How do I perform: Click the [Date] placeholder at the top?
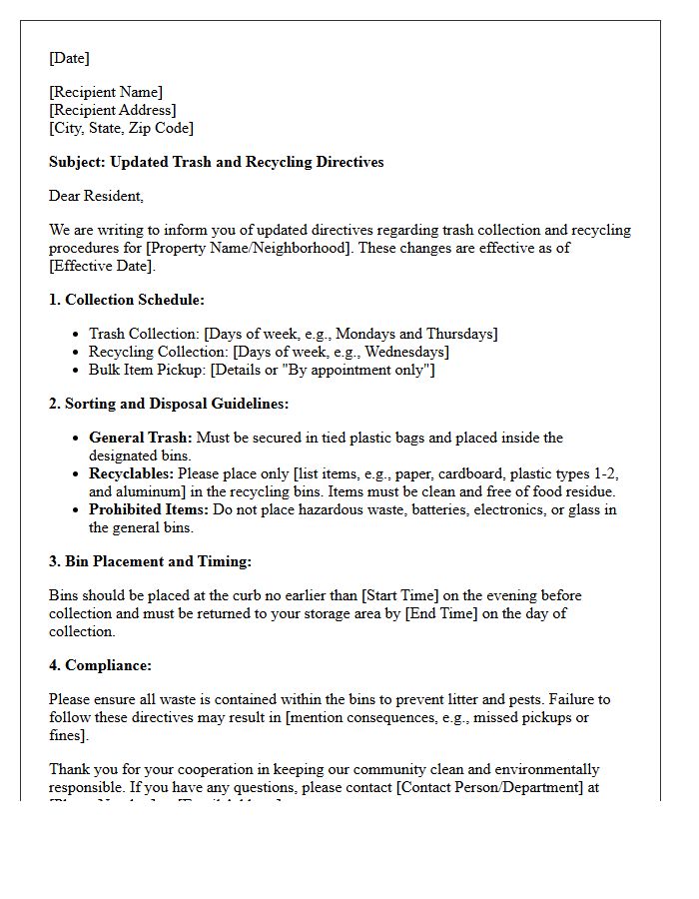pos(69,58)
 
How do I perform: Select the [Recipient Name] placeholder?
pos(106,93)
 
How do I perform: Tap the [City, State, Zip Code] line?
pos(121,128)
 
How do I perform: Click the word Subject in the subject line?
pos(76,162)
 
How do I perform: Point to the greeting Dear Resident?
pos(96,196)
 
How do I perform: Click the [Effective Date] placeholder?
pos(102,266)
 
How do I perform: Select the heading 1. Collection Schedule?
pos(127,300)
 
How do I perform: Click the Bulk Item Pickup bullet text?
pos(262,370)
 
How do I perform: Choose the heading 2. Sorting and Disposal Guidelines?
pos(169,404)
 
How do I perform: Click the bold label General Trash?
pos(141,438)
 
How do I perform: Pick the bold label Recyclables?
pos(131,473)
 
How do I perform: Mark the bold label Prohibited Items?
pos(149,509)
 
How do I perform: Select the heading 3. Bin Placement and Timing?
pos(150,562)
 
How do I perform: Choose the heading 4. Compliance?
pos(100,665)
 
